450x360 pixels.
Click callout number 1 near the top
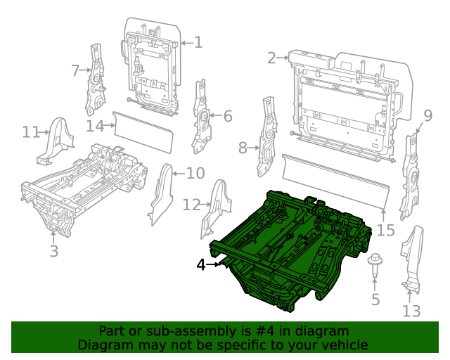tap(198, 43)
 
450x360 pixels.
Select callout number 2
tap(271, 58)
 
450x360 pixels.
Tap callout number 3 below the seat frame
tap(53, 251)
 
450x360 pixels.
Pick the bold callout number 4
tap(201, 265)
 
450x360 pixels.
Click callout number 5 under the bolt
tap(375, 300)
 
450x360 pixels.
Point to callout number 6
tap(227, 116)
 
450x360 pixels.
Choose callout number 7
tap(76, 70)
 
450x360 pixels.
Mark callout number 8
tap(243, 148)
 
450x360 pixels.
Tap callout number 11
tap(31, 132)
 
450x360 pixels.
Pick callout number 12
tap(191, 205)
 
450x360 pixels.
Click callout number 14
tap(96, 126)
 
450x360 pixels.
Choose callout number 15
tap(386, 230)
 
